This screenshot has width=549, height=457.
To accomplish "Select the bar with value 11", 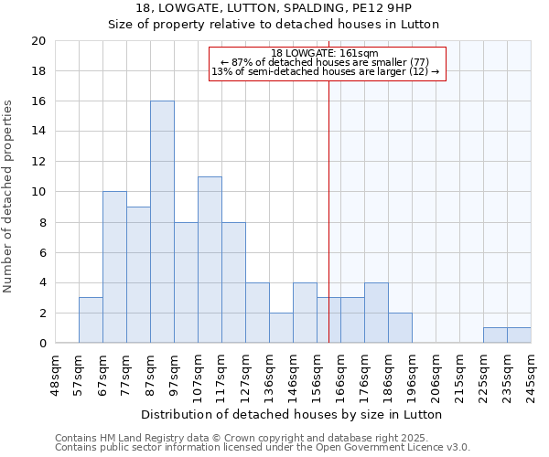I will point(210,260).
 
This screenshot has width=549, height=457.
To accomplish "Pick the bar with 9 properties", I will point(138,274).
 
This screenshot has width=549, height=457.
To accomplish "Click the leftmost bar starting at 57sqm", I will point(91,320).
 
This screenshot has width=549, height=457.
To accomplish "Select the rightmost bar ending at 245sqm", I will point(519,335).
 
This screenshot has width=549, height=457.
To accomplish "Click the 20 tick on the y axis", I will point(38,41).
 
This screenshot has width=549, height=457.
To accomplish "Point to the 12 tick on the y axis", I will point(38,162).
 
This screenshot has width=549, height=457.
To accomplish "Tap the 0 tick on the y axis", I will point(41,344).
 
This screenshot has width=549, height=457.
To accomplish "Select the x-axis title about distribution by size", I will point(293,414).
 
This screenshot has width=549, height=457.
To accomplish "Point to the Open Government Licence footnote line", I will point(263,448).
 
